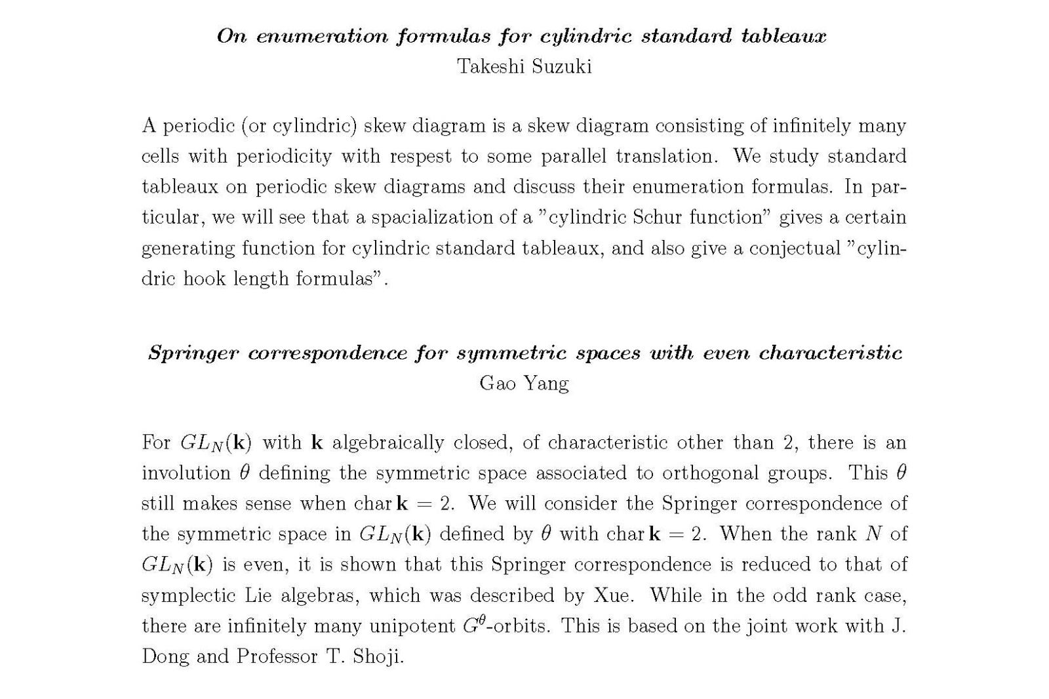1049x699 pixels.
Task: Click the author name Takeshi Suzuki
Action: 524,66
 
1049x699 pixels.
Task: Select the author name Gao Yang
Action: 524,383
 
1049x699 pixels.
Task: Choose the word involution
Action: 186,473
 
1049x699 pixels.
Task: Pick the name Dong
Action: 165,656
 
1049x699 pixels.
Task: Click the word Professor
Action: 277,656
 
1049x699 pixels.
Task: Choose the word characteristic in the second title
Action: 831,353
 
